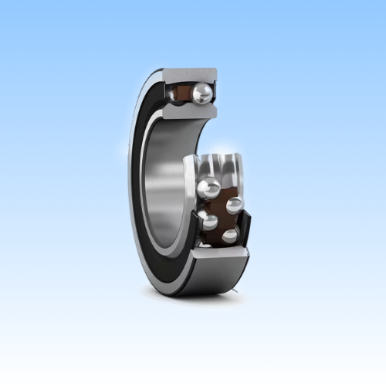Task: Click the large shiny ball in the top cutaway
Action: tap(203, 94)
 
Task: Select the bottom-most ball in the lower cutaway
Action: tap(230, 235)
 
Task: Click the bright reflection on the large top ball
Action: tap(200, 90)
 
